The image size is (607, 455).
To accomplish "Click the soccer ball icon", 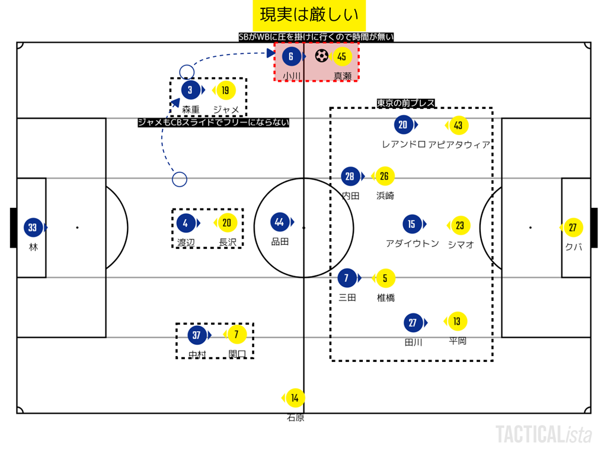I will click(322, 56).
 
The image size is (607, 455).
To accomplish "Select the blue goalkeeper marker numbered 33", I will click(33, 227).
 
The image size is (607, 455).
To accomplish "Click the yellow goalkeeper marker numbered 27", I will click(573, 227).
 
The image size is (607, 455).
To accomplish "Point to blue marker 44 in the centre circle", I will click(280, 223).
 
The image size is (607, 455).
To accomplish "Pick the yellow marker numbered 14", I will click(295, 398).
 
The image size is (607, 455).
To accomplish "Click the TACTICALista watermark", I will click(544, 434).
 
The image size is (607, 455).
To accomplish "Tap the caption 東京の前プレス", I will click(406, 103).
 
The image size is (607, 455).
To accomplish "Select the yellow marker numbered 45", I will click(341, 57).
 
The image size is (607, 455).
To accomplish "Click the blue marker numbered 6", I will click(290, 57).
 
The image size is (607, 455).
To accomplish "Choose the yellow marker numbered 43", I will click(458, 125).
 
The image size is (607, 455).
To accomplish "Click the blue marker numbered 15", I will click(411, 224).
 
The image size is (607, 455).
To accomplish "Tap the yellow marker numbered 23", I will click(460, 226).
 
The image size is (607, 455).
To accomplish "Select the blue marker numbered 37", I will click(196, 335).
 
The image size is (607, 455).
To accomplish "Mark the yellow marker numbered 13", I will click(456, 321).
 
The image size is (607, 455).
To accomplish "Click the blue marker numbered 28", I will click(350, 177).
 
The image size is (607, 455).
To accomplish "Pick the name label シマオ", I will click(461, 244).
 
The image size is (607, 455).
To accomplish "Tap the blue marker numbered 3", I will click(190, 90).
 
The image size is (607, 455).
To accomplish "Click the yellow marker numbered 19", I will click(225, 90).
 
